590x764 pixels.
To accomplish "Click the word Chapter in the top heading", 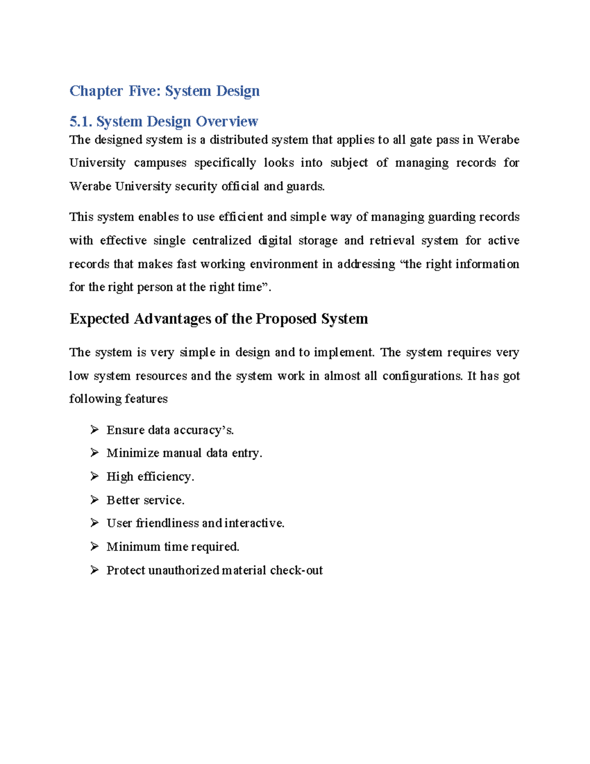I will click(x=96, y=91).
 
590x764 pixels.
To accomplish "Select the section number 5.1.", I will click(x=80, y=122).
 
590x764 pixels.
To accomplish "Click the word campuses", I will click(x=160, y=163).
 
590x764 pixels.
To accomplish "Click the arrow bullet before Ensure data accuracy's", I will click(x=94, y=430).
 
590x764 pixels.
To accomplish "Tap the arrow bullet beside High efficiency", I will click(x=94, y=477).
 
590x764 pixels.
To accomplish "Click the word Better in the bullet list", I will click(x=121, y=500).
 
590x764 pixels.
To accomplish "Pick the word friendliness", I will click(x=167, y=523).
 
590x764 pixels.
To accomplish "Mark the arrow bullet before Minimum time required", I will click(x=94, y=547).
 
